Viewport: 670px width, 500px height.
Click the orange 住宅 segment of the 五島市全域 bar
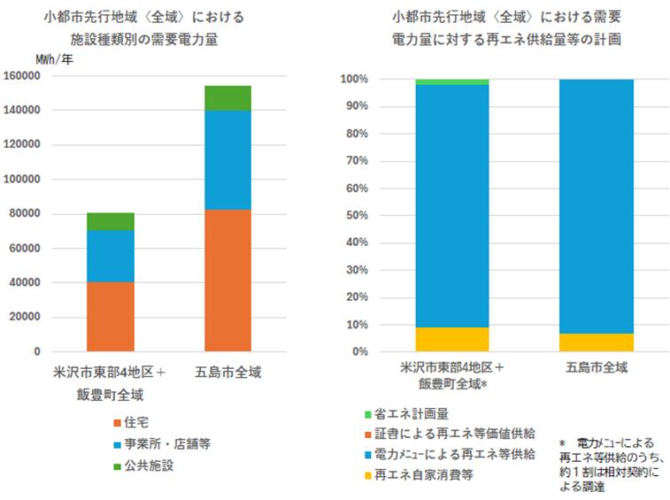point(227,280)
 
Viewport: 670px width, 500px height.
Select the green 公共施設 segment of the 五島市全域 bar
point(227,97)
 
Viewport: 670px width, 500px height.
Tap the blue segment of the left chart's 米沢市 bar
point(110,256)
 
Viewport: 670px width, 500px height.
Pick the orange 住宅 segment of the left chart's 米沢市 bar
point(110,316)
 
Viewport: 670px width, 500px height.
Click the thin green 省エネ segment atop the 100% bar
point(451,81)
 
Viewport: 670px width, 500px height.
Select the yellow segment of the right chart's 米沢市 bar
point(451,339)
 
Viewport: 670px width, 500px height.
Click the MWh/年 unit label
point(55,58)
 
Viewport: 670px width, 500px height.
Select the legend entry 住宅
point(135,422)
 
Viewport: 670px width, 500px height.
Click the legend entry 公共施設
point(148,465)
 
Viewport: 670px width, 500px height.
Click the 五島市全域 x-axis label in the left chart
point(227,370)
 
